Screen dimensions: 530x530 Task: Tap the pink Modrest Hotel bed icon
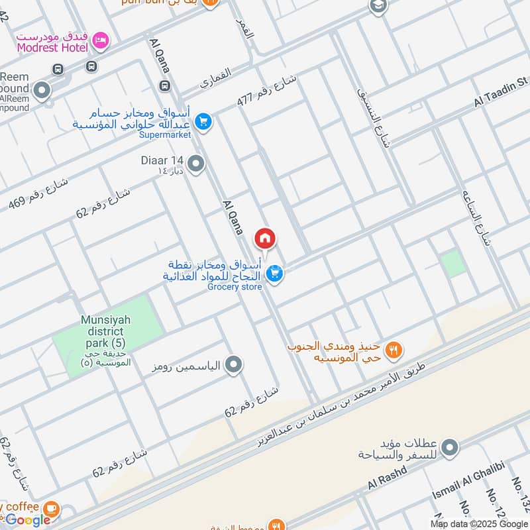[100, 41]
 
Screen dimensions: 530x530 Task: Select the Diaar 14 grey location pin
[196, 163]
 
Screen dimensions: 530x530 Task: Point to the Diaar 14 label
[162, 160]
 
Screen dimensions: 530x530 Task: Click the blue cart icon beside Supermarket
[203, 121]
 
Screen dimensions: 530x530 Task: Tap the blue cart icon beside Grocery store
[276, 273]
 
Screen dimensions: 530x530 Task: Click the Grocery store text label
[235, 287]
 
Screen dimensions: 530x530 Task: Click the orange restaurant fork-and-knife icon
[394, 350]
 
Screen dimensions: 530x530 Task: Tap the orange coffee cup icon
[51, 508]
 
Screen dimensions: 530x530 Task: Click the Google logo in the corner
[28, 520]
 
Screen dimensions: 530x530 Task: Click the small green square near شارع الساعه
[453, 264]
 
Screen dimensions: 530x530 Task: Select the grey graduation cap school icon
[378, 6]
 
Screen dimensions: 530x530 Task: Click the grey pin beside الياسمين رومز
[233, 364]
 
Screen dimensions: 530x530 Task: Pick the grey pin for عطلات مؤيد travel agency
[450, 449]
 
